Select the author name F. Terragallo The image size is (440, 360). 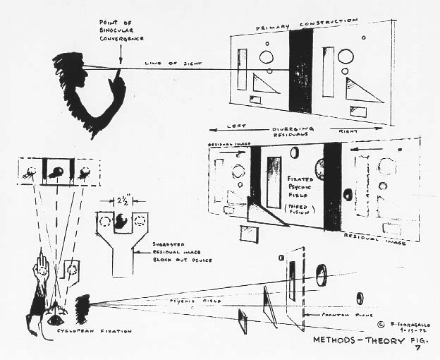point(394,322)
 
